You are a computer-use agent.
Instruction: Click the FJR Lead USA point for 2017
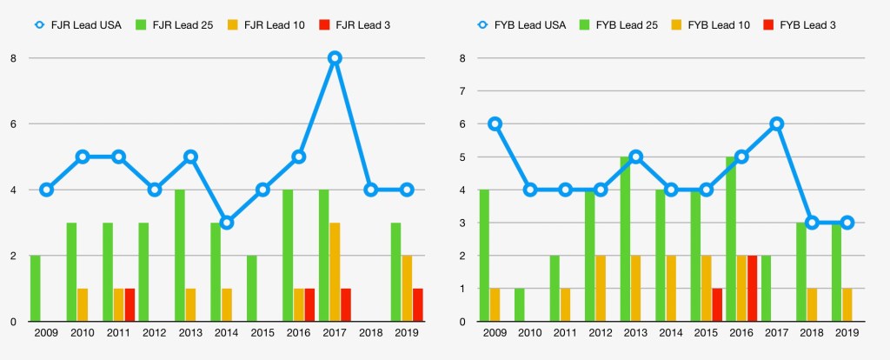tap(335, 58)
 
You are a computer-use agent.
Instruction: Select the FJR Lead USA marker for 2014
tap(226, 223)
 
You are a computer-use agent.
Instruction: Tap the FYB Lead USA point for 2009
tap(495, 123)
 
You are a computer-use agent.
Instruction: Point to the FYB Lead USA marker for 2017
tap(776, 123)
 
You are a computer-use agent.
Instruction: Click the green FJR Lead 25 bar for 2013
tap(180, 256)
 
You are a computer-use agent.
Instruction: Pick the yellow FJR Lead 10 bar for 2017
tap(335, 272)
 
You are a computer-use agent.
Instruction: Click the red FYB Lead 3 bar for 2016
tap(752, 289)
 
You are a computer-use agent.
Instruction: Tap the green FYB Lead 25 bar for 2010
tap(519, 305)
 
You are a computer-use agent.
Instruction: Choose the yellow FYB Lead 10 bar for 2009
tap(495, 305)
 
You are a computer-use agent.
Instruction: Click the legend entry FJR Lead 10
tap(269, 25)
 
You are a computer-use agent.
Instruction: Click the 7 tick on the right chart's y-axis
tap(462, 90)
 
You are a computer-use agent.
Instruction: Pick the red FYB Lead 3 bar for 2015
tap(717, 305)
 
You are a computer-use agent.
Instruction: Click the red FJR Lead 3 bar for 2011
tap(130, 305)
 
